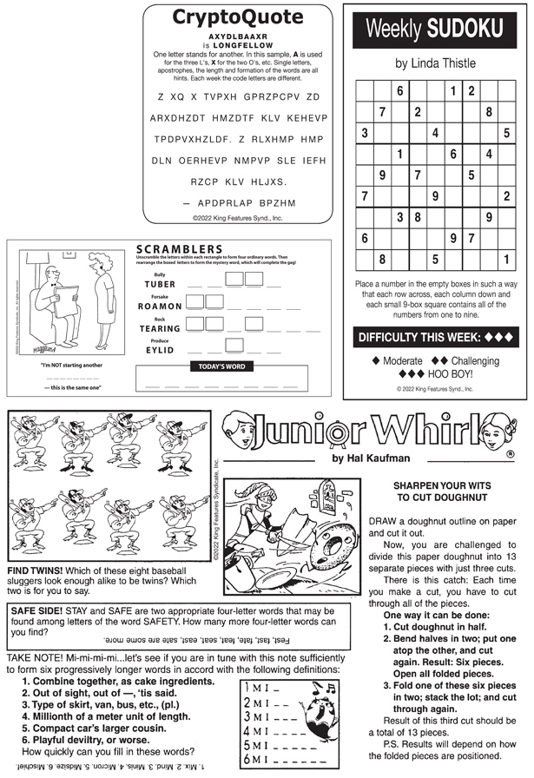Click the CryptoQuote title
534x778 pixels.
point(237,17)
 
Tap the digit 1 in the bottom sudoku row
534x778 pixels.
point(506,258)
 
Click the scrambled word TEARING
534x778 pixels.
point(160,329)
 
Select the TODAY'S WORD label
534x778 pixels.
point(221,367)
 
